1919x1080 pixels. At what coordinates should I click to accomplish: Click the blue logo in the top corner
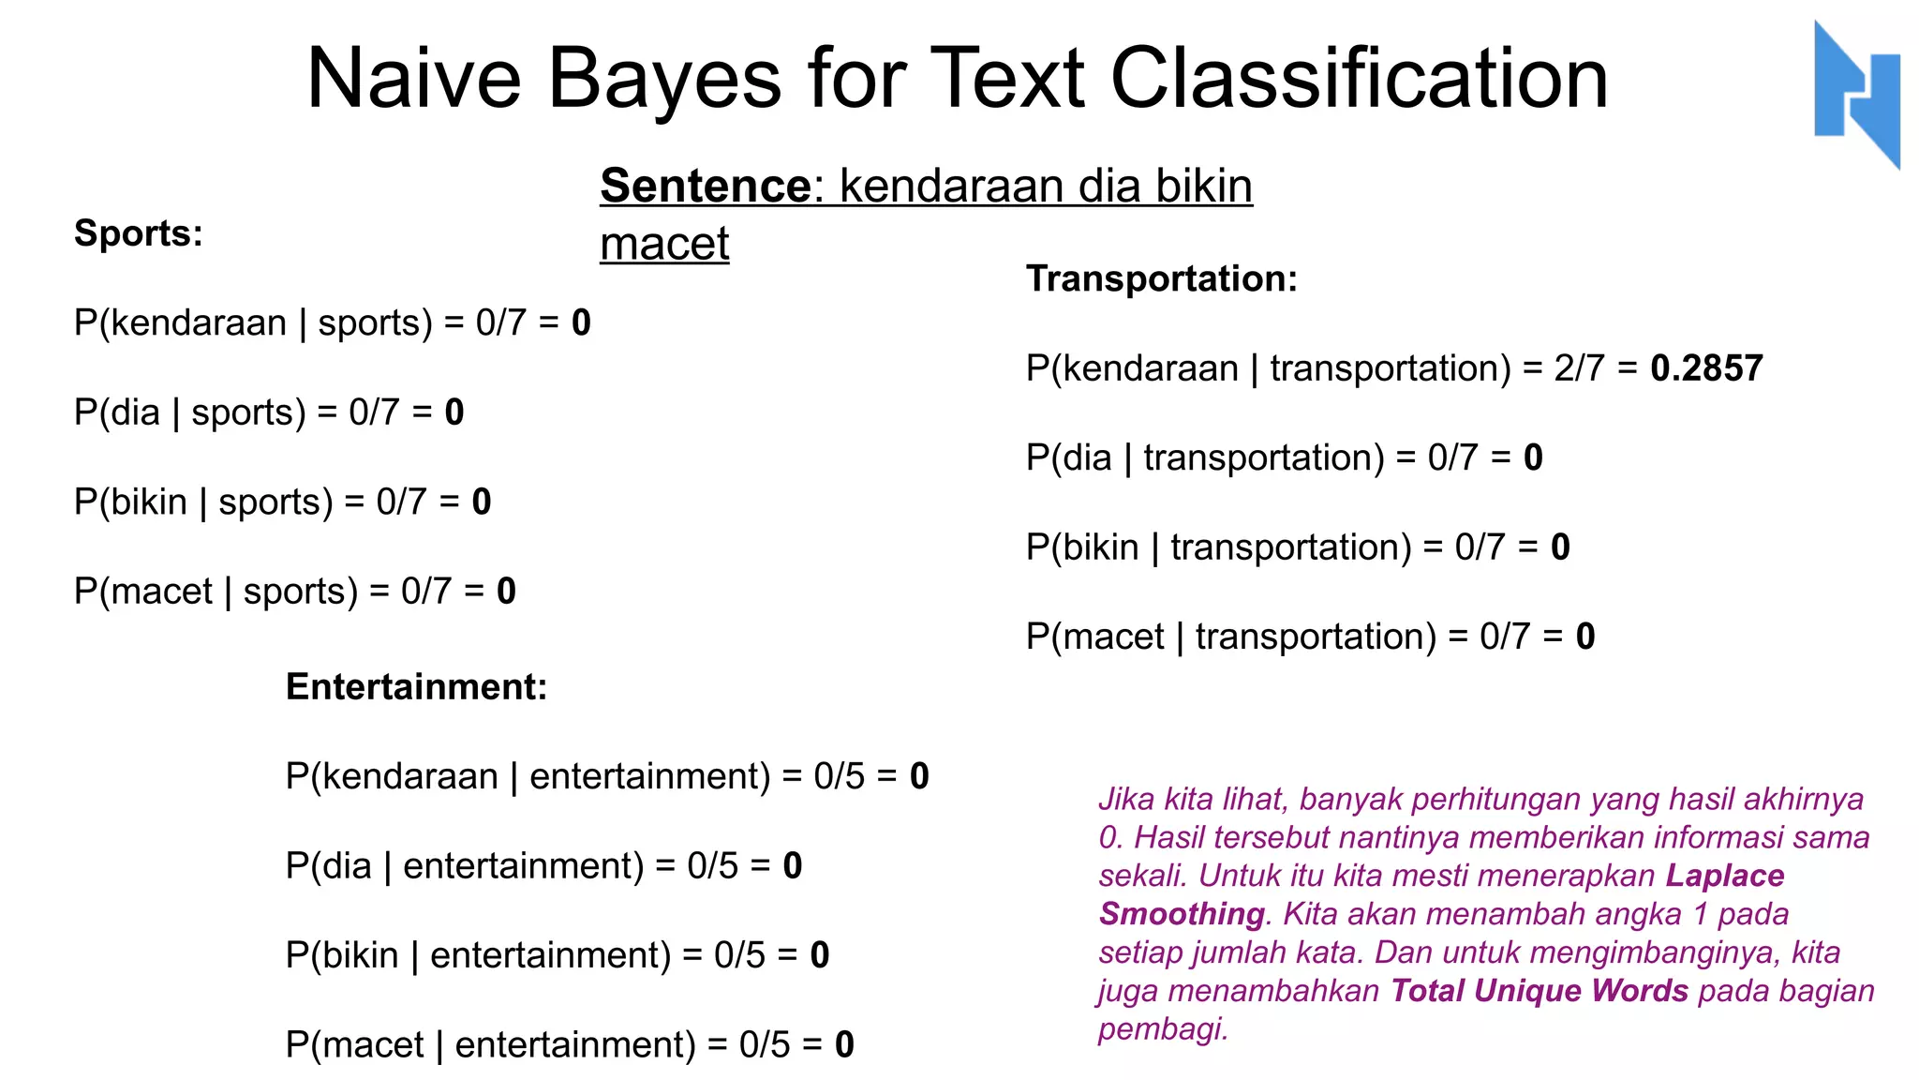click(x=1857, y=94)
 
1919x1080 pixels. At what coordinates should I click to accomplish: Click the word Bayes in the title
click(x=663, y=79)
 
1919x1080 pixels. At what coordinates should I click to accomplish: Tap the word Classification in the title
click(x=1359, y=79)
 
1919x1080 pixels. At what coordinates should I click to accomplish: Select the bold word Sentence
click(x=706, y=186)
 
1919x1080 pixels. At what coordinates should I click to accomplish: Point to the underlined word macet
click(x=664, y=244)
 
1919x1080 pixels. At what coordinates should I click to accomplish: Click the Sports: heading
click(x=139, y=233)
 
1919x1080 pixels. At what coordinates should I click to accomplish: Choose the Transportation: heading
click(x=1161, y=279)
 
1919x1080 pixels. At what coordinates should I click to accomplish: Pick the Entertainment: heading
click(x=416, y=687)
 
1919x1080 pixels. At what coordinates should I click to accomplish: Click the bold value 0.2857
click(x=1706, y=368)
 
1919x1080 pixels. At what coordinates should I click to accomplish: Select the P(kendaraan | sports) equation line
click(x=332, y=323)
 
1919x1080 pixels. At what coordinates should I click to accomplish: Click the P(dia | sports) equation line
click(x=269, y=412)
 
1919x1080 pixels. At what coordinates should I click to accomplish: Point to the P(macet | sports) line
click(x=294, y=592)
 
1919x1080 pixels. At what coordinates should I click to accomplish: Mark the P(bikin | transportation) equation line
click(x=1297, y=547)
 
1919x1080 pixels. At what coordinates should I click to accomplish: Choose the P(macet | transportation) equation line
click(x=1310, y=637)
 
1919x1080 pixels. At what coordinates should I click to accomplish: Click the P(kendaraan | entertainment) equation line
click(x=606, y=776)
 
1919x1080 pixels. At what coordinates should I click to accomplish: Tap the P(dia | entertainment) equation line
click(x=543, y=866)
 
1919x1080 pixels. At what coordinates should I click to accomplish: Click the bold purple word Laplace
click(x=1724, y=876)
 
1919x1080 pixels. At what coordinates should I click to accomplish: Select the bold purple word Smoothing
click(x=1182, y=914)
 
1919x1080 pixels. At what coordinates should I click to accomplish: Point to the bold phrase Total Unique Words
click(x=1539, y=991)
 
